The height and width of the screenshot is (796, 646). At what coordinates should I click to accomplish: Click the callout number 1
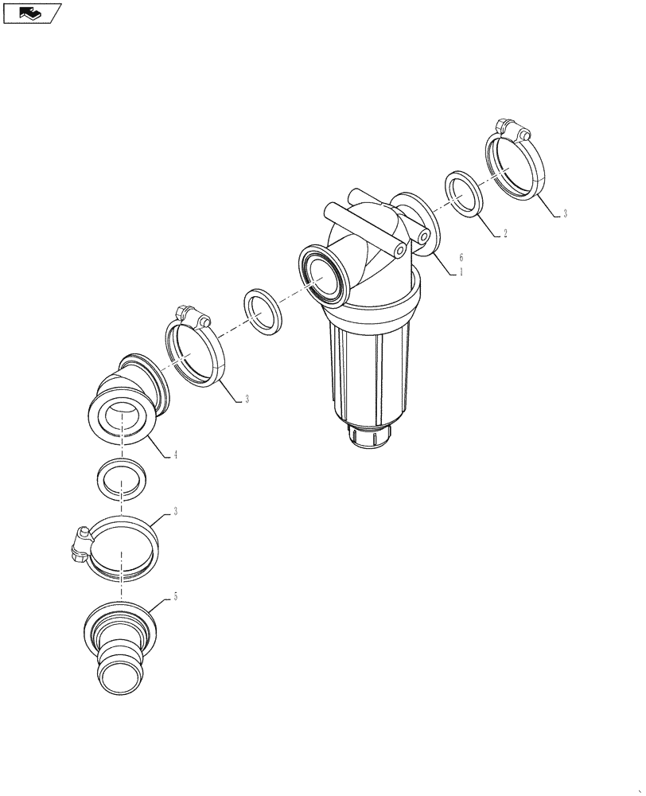(461, 271)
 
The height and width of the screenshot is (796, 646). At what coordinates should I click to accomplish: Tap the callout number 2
(504, 234)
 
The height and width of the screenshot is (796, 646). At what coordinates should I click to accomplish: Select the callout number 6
(461, 257)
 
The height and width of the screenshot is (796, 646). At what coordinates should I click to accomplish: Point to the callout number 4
(175, 455)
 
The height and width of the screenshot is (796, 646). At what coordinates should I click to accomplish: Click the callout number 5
(175, 597)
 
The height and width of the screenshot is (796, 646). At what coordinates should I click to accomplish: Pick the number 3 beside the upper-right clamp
(565, 213)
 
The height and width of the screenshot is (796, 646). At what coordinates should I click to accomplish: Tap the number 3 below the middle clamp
(247, 399)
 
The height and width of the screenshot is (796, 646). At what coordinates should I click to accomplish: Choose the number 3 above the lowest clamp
(175, 512)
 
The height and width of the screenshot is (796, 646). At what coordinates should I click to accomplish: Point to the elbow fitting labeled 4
(131, 398)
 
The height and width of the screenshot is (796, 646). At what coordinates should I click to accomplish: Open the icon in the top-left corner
(33, 13)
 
